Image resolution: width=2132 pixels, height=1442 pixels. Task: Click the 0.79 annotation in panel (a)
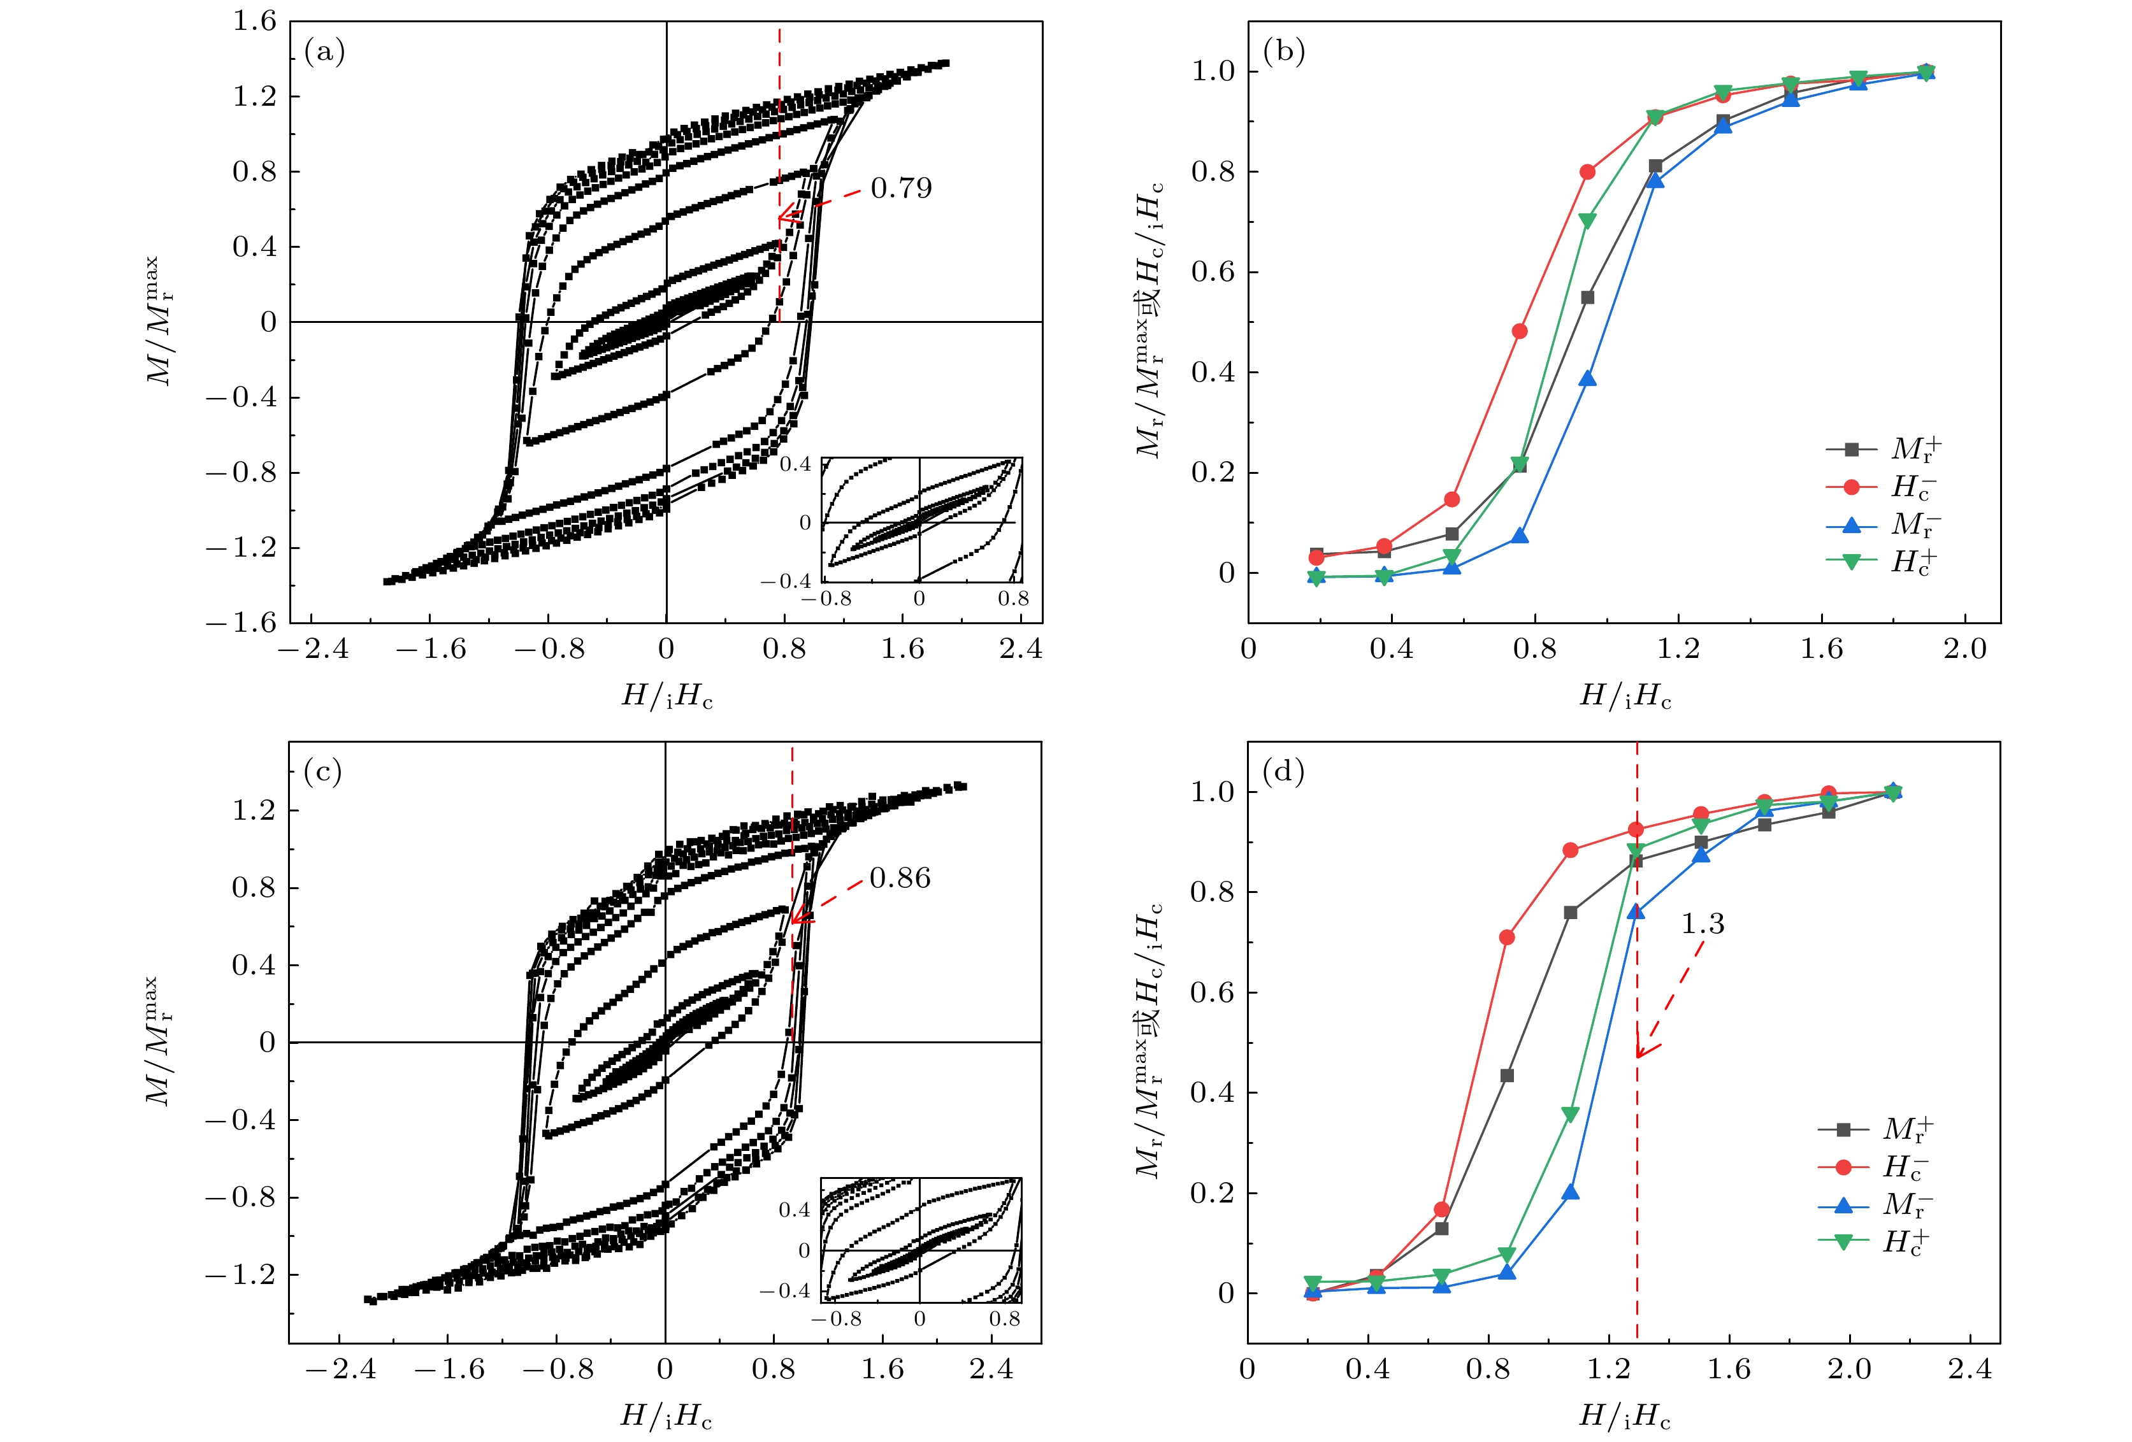[901, 188]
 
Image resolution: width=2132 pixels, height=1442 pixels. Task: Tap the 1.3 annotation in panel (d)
[1702, 924]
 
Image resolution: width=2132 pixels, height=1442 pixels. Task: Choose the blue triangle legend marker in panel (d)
[1843, 1204]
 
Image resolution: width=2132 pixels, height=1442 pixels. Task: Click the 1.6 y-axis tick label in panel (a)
[254, 20]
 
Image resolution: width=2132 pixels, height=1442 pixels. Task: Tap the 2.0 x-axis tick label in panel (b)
[1964, 650]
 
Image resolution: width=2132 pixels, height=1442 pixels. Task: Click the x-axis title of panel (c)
[666, 1417]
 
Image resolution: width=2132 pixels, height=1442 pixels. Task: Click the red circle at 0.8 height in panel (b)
[1587, 171]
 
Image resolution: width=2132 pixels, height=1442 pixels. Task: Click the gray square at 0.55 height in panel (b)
[1587, 297]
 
